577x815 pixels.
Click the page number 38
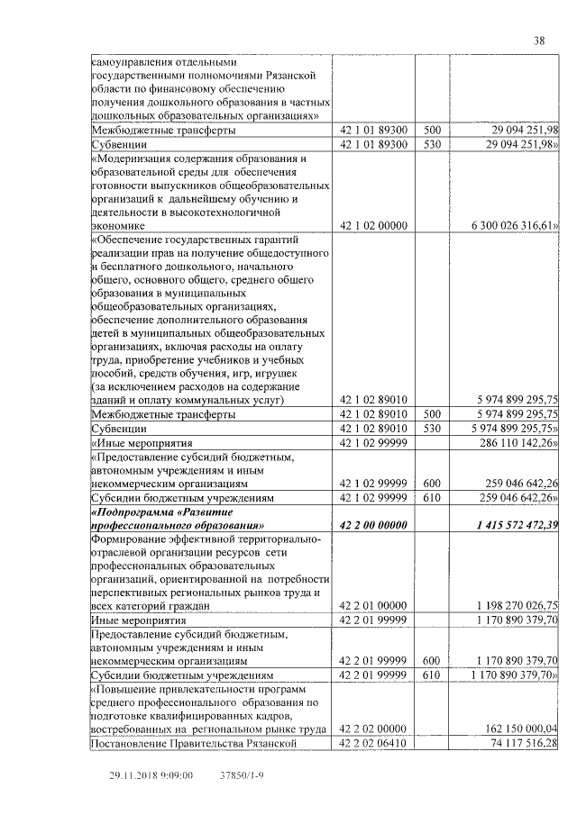coord(539,41)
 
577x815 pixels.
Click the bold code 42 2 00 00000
coord(373,525)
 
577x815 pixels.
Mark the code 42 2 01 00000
coord(373,606)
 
